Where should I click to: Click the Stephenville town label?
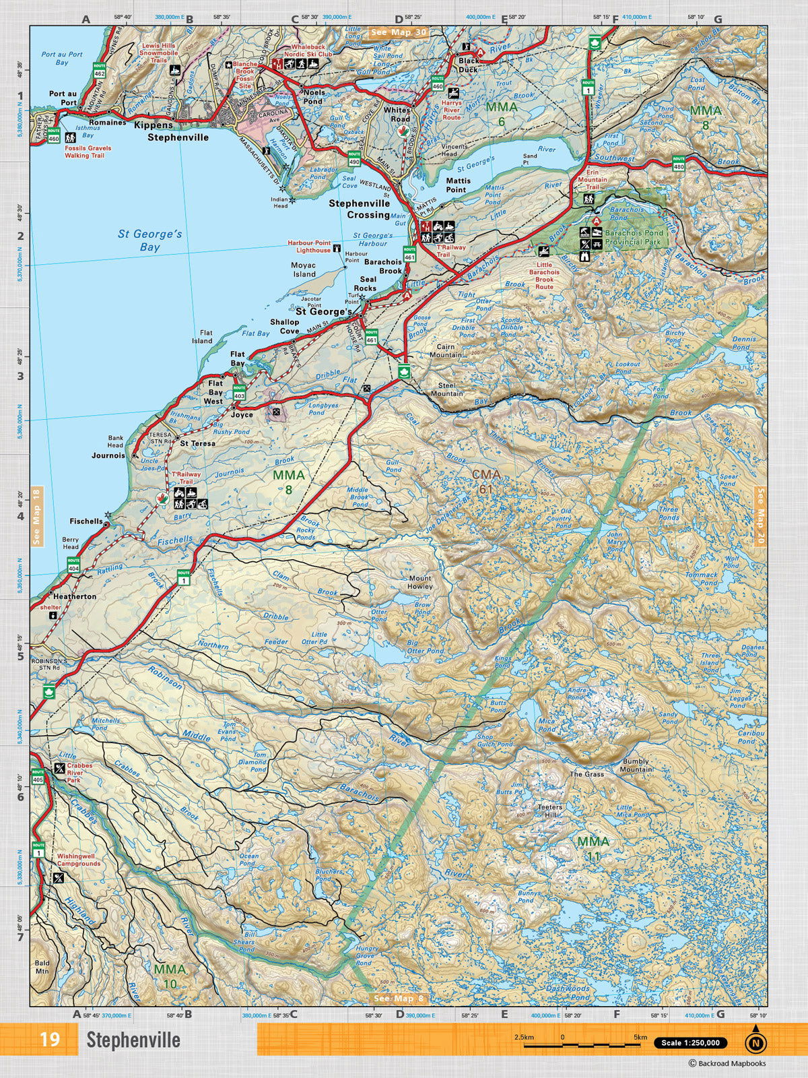178,137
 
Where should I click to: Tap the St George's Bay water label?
149,241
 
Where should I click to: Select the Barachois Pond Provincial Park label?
634,236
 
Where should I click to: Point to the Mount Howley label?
420,582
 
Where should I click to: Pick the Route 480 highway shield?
678,162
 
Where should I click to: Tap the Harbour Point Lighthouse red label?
309,246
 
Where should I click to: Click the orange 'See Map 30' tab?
398,32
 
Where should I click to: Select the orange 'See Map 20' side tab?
761,517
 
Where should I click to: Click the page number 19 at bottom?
49,1040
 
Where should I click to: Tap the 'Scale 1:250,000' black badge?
690,1043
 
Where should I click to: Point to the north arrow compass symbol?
755,1041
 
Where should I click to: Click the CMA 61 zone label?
485,481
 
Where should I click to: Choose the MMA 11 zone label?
593,848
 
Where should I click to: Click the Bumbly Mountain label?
636,765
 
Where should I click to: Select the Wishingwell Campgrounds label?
78,860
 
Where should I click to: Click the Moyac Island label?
303,269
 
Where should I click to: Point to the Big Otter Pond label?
425,647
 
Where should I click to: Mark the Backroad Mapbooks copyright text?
727,1064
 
